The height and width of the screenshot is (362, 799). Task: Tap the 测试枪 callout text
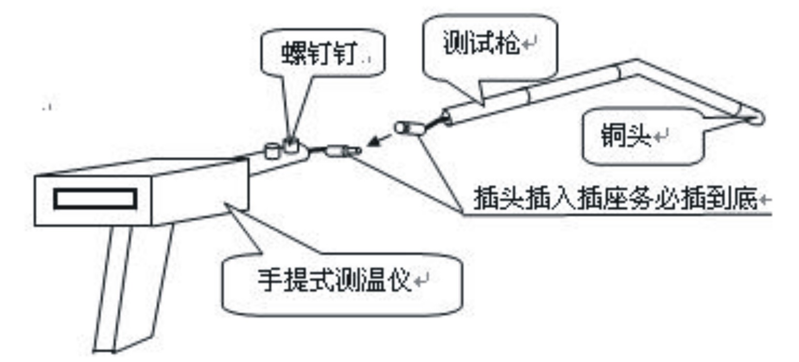pyautogui.click(x=481, y=46)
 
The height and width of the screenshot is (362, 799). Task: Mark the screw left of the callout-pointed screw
pyautogui.click(x=272, y=151)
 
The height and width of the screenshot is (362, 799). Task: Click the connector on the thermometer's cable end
pyautogui.click(x=342, y=152)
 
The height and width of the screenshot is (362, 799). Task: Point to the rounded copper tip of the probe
pyautogui.click(x=757, y=118)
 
